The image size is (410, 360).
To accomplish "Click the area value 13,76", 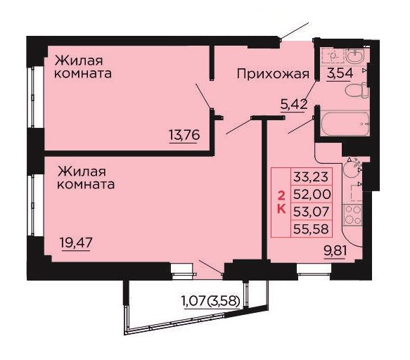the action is click(184, 135).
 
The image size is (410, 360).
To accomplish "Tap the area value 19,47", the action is click(76, 243).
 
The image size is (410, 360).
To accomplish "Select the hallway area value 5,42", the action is click(294, 105).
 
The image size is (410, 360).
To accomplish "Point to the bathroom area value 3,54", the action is click(340, 73).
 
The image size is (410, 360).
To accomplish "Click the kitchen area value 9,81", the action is click(335, 252).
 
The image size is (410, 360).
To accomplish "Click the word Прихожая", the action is click(273, 74).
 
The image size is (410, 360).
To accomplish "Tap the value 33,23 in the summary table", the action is click(311, 176).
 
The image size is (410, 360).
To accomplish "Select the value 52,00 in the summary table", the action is click(312, 194).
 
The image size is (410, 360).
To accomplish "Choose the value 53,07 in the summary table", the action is click(311, 212).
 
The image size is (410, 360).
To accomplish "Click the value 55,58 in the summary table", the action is click(311, 229).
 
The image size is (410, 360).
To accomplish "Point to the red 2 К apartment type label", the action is click(281, 202).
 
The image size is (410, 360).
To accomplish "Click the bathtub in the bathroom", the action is click(345, 124).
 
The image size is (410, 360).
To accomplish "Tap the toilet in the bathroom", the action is click(357, 91).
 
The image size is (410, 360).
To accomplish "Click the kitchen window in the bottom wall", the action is click(314, 269).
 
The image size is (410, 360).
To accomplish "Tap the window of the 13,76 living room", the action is click(32, 97).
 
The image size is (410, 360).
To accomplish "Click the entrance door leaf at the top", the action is click(295, 31).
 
